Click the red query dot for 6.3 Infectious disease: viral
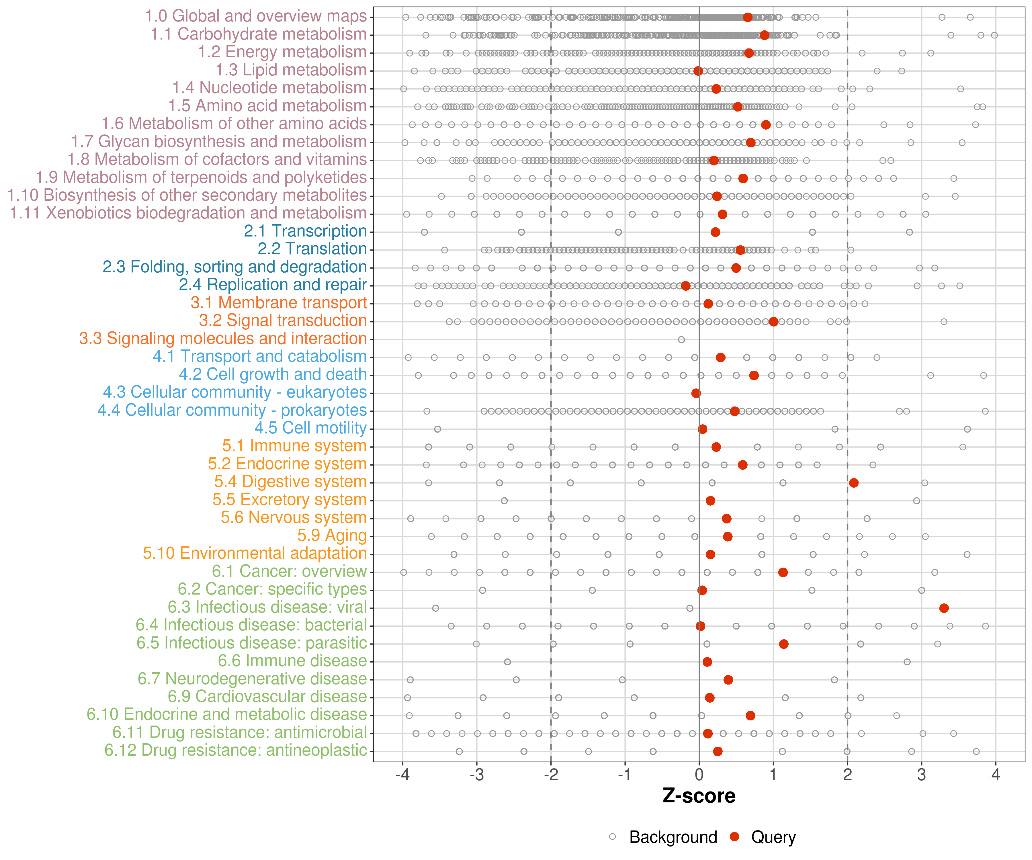coord(943,608)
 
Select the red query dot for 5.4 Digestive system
coord(854,482)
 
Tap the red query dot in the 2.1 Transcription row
coord(715,232)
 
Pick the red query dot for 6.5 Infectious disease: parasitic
coord(783,644)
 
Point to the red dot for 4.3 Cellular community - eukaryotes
coord(696,393)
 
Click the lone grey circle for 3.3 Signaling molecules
coord(681,340)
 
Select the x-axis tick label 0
coord(699,775)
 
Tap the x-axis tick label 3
coord(921,775)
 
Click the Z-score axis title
coord(699,795)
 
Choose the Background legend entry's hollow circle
coord(612,836)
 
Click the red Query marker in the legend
coord(735,836)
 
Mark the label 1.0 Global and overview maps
coord(255,16)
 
